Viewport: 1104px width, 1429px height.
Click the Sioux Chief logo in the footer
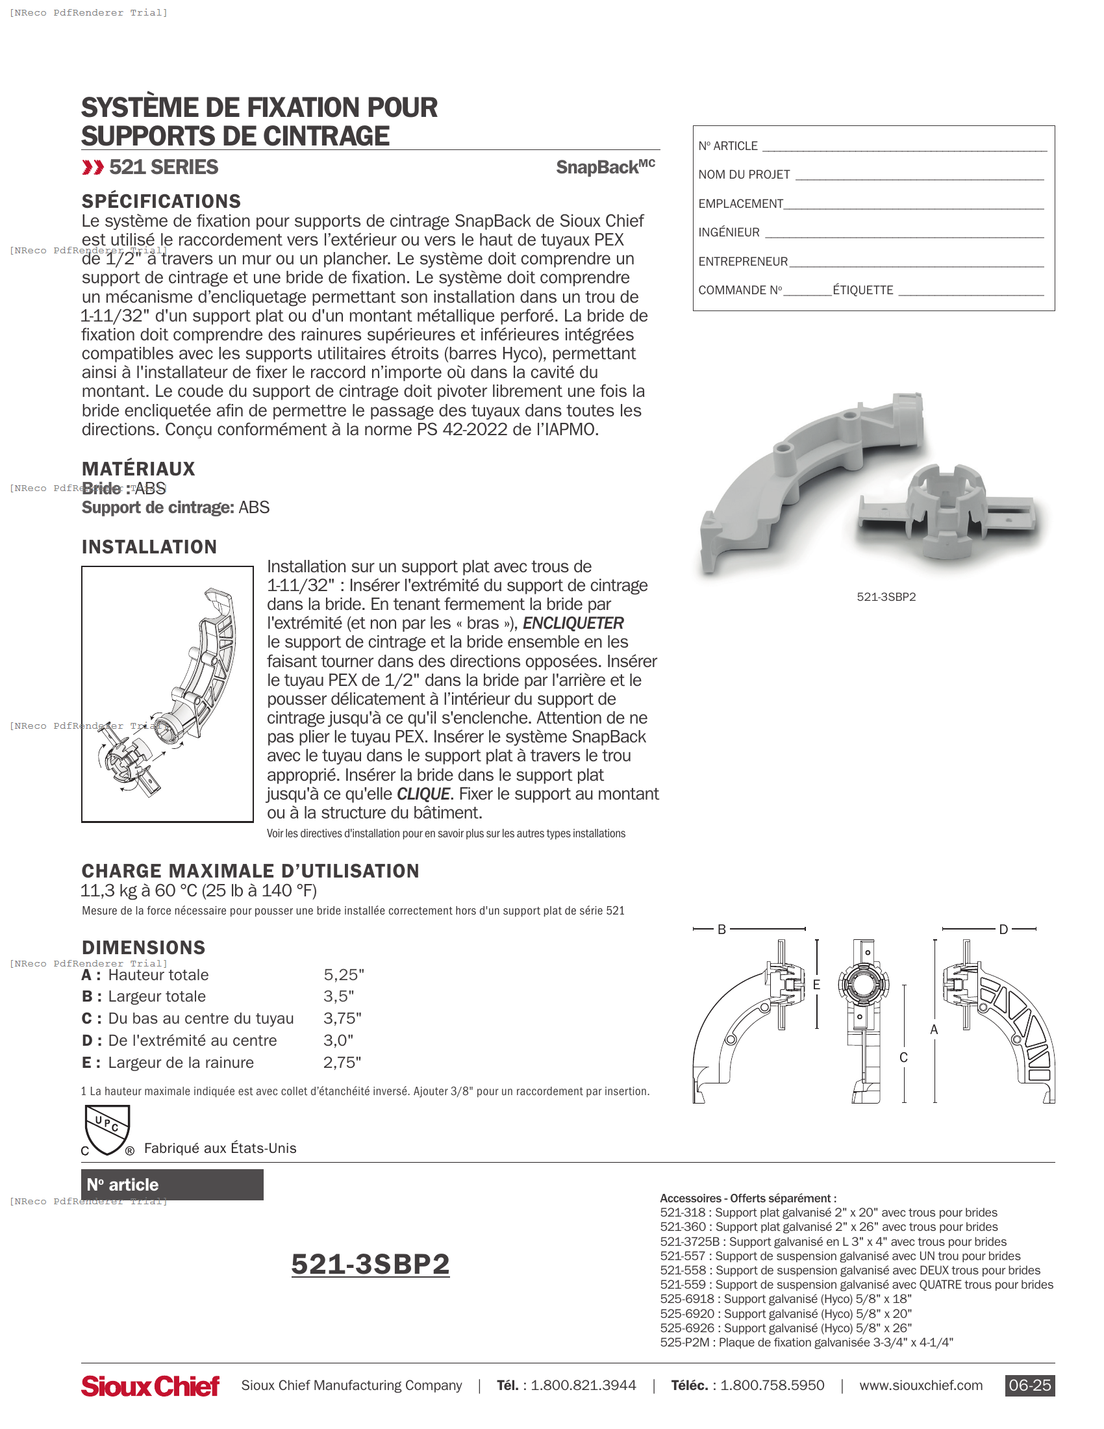click(x=150, y=1385)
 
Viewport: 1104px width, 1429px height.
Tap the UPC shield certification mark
click(x=107, y=1130)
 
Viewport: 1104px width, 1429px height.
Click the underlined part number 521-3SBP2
click(x=370, y=1264)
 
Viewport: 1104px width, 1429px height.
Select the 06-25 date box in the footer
click(x=1029, y=1385)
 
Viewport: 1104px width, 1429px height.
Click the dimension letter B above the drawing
click(x=721, y=929)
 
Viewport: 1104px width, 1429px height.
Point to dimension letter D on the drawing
click(x=1003, y=929)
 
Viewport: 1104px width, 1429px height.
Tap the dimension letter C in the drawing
click(x=903, y=1057)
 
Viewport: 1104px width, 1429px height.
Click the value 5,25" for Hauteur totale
click(x=344, y=975)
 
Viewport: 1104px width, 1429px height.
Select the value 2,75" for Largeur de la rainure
click(x=342, y=1063)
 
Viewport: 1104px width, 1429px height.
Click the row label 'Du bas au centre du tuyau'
click(x=200, y=1018)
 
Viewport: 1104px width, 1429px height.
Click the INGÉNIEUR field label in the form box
click(x=729, y=233)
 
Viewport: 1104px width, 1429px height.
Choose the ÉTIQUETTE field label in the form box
click(x=862, y=290)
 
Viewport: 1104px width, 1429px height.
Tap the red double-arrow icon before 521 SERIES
click(x=93, y=168)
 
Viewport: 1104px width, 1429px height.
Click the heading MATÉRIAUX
click(x=138, y=468)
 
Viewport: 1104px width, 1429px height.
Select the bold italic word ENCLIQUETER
click(x=573, y=623)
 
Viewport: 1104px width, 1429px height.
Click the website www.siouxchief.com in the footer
click(x=920, y=1385)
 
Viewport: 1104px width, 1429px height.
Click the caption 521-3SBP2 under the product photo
click(x=886, y=597)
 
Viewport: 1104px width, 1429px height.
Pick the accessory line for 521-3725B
click(x=833, y=1242)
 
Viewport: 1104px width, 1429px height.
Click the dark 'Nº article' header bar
click(x=172, y=1184)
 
